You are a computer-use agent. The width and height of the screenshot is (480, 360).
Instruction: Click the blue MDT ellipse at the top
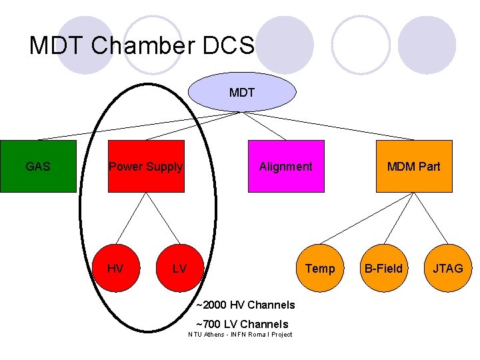point(241,92)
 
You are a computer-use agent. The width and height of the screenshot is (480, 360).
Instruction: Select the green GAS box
point(38,167)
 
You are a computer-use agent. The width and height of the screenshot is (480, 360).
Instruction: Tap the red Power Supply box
point(146,167)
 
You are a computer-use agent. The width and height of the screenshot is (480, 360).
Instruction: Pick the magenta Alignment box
point(286,167)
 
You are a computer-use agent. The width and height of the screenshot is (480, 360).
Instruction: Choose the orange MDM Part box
point(414,167)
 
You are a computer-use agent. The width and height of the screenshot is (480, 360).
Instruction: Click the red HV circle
point(115,269)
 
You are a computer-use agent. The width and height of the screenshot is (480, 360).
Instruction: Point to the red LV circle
point(179,269)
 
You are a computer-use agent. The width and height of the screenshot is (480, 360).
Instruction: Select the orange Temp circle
point(320,269)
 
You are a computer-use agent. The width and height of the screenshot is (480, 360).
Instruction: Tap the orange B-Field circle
point(383,269)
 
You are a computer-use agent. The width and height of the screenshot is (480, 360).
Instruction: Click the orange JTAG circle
point(448,269)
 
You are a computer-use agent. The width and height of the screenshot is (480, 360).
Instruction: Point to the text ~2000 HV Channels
point(245,305)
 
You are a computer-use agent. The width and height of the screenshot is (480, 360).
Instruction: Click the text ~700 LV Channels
point(242,325)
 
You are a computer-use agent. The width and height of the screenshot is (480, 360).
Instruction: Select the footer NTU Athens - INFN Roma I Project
point(240,335)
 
